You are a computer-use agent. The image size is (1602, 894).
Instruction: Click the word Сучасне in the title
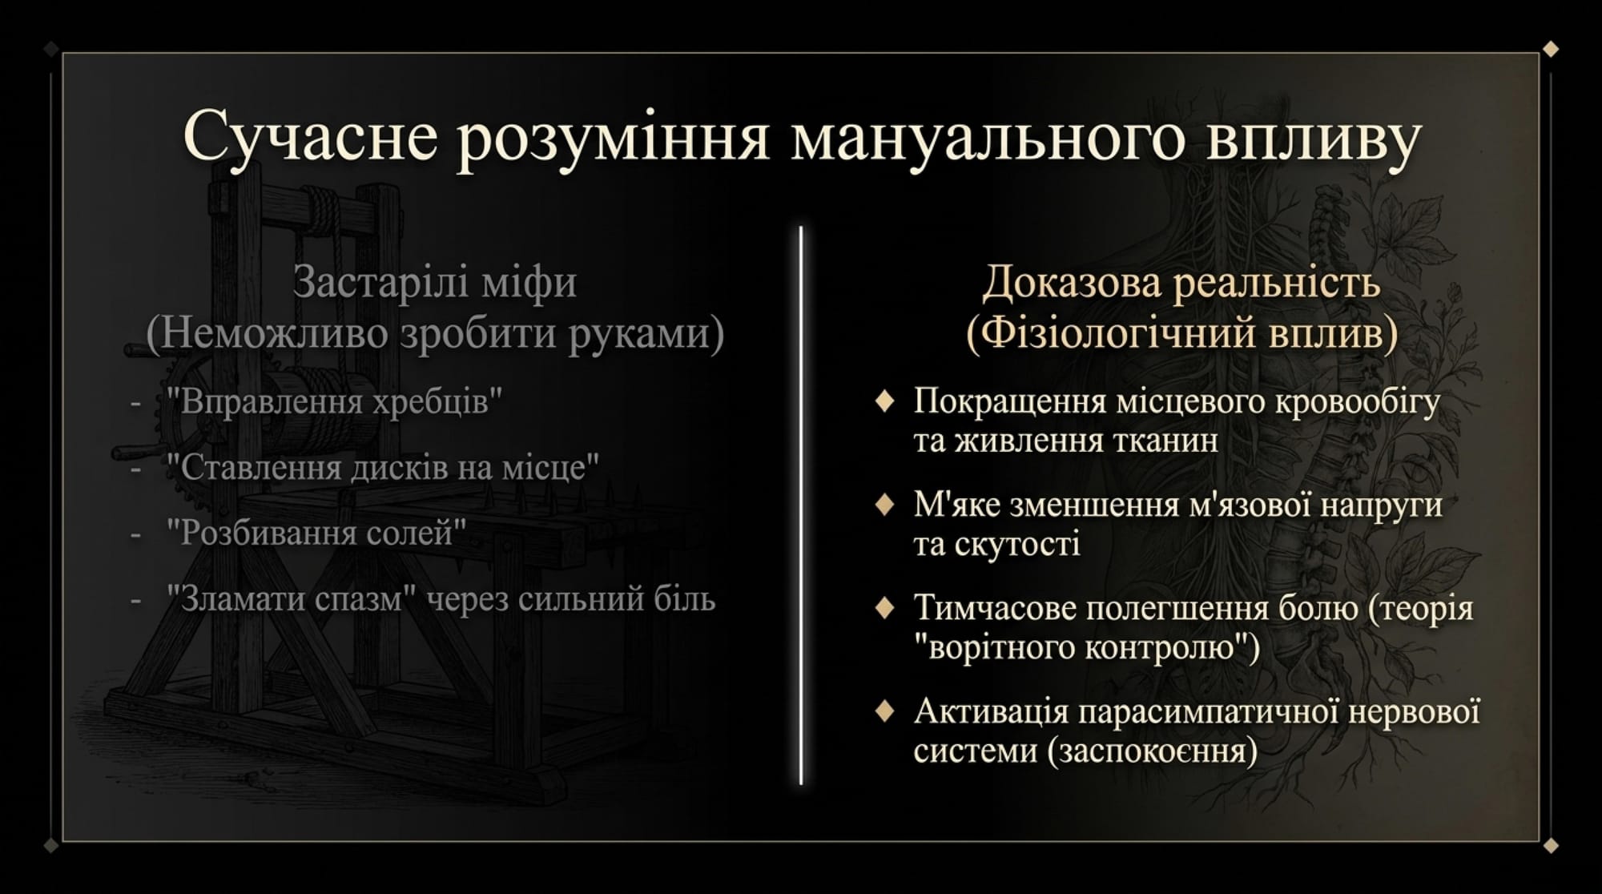click(311, 135)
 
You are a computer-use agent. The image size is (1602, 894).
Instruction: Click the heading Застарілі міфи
click(435, 282)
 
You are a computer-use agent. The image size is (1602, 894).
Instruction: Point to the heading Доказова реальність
click(1181, 282)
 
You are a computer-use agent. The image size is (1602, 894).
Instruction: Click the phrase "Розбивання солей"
click(316, 533)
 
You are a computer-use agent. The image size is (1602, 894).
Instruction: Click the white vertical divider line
click(801, 505)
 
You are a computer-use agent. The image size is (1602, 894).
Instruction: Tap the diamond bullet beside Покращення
click(884, 401)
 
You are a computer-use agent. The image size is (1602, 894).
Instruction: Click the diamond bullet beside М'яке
click(884, 505)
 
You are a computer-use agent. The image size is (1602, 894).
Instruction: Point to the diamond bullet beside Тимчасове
click(884, 608)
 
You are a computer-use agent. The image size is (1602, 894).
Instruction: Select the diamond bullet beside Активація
click(884, 711)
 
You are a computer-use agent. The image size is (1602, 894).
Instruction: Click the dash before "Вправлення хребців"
click(135, 401)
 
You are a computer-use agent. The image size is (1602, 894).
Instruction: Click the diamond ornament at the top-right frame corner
click(1551, 49)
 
